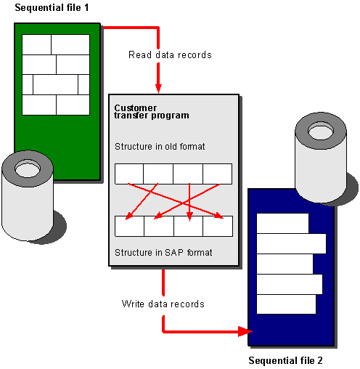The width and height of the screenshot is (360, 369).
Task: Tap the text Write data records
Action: pyautogui.click(x=163, y=303)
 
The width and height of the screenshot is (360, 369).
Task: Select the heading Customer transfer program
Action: pyautogui.click(x=151, y=111)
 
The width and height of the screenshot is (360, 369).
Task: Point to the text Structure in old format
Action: pyautogui.click(x=160, y=147)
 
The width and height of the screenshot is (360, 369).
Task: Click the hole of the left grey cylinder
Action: pyautogui.click(x=28, y=169)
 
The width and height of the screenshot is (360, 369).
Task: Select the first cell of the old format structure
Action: pyautogui.click(x=129, y=174)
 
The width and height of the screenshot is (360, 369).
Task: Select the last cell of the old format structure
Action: pyautogui.click(x=217, y=174)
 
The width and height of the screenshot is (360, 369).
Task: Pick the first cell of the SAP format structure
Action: pyautogui.click(x=129, y=227)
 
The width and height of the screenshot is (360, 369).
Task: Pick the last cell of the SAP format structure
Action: pyautogui.click(x=217, y=227)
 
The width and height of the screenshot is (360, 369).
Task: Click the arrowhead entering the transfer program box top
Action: pyautogui.click(x=157, y=87)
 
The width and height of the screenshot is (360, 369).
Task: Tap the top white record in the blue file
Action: pyautogui.click(x=282, y=223)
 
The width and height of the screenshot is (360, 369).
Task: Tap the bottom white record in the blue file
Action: pyautogui.click(x=286, y=304)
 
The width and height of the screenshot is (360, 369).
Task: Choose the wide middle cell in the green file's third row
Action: pyautogui.click(x=55, y=85)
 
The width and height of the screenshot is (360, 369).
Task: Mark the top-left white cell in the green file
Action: pyautogui.click(x=37, y=44)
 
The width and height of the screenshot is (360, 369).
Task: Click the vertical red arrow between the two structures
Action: pyautogui.click(x=189, y=200)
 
